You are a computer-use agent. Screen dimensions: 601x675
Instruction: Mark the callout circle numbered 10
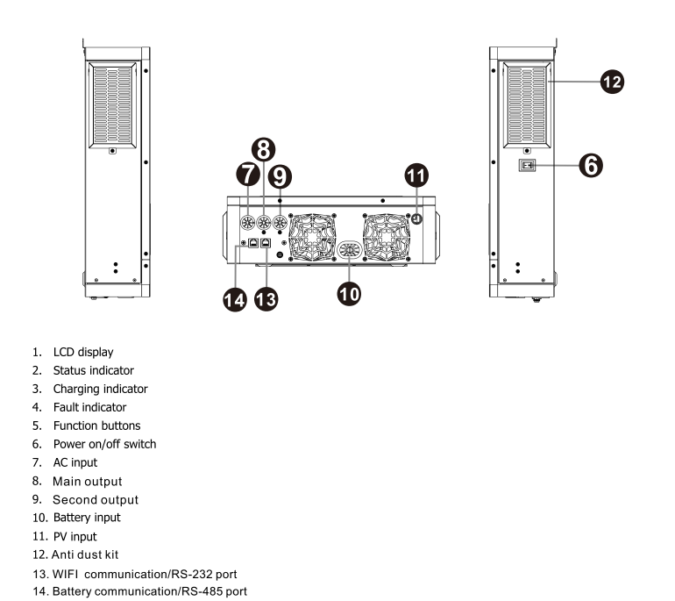(349, 291)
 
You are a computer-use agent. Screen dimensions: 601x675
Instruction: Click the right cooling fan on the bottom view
(390, 238)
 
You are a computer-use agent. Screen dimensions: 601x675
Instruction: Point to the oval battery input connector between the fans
(349, 249)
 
